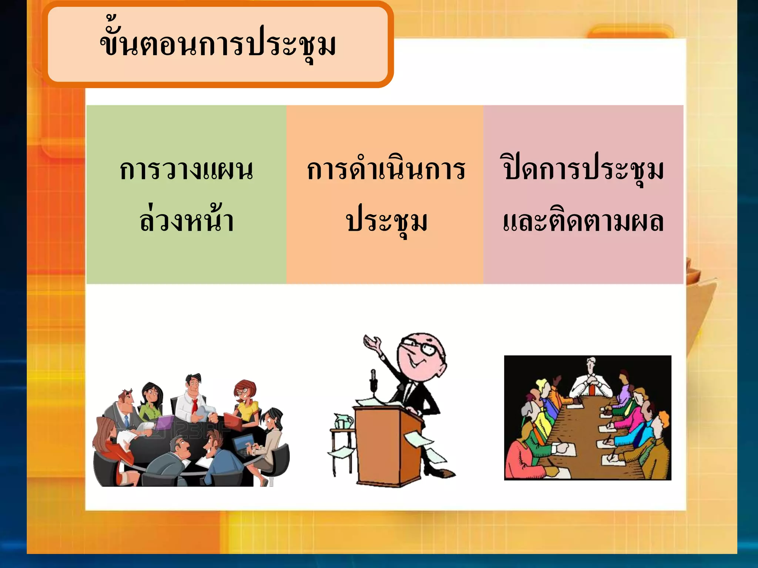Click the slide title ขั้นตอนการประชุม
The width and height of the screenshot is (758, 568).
(x=218, y=45)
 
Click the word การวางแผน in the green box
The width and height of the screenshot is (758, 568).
(x=186, y=170)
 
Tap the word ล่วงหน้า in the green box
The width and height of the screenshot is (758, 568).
(x=186, y=221)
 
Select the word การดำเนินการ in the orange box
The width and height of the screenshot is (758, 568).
(x=386, y=170)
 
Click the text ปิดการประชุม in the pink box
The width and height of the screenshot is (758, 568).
(x=583, y=170)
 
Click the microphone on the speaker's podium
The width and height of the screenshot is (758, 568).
(x=373, y=381)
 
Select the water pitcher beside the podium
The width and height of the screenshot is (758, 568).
(x=343, y=422)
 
